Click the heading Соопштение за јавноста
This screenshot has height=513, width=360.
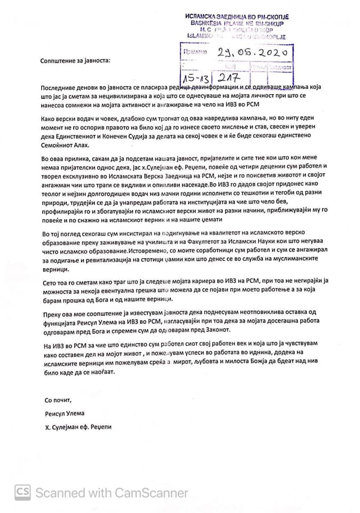75,60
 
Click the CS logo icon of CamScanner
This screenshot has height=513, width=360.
22,492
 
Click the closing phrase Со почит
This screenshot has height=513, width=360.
58,400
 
